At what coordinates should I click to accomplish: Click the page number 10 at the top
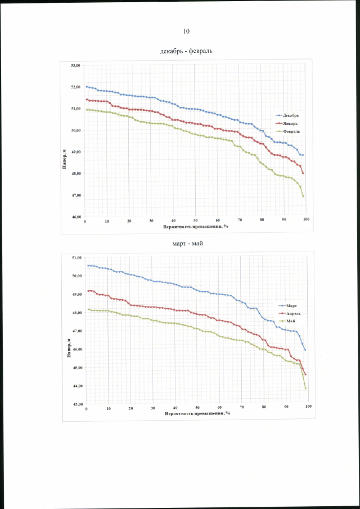pyautogui.click(x=186, y=30)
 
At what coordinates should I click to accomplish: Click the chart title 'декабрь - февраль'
pyautogui.click(x=186, y=51)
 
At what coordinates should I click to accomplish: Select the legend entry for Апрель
pyautogui.click(x=291, y=313)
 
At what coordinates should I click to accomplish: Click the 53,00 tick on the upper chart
pyautogui.click(x=75, y=66)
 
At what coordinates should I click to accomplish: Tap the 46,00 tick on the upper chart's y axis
pyautogui.click(x=75, y=217)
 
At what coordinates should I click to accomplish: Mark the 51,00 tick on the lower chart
pyautogui.click(x=76, y=258)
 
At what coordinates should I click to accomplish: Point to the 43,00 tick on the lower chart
pyautogui.click(x=76, y=404)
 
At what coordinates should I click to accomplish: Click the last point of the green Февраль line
pyautogui.click(x=303, y=196)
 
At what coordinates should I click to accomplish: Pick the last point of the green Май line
pyautogui.click(x=305, y=389)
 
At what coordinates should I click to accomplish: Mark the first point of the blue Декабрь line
pyautogui.click(x=87, y=87)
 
